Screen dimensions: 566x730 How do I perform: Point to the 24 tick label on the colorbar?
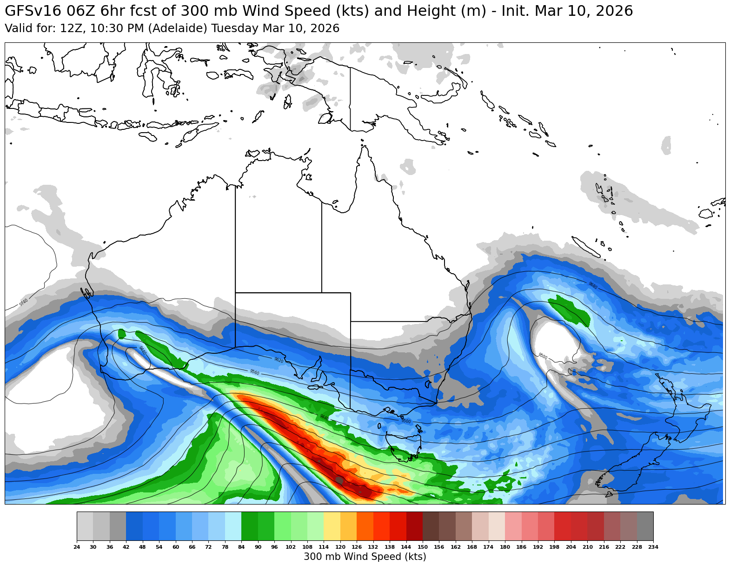point(77,547)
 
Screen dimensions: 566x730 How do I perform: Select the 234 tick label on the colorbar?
point(653,547)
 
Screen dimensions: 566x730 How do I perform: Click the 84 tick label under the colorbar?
point(241,547)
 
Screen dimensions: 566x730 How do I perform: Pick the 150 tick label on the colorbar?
point(423,547)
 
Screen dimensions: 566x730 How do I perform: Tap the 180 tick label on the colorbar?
point(505,547)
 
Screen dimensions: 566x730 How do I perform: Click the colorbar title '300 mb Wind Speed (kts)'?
point(365,557)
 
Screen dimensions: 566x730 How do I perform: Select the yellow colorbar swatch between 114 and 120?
point(332,526)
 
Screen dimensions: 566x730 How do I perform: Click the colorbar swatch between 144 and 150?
point(414,526)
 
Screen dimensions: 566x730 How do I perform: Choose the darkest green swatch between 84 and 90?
point(250,526)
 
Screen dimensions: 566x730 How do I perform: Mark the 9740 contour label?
point(24,303)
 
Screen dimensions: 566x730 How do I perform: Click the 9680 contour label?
point(592,285)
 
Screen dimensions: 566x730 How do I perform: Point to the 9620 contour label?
point(279,360)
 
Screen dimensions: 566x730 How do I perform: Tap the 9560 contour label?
point(254,372)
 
